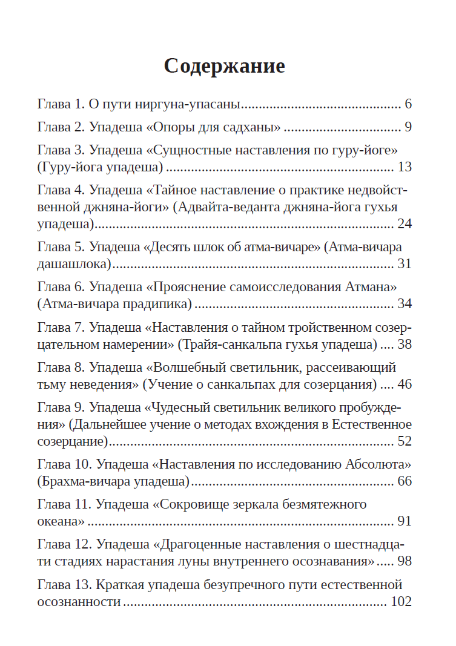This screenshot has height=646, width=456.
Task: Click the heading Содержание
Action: [224, 65]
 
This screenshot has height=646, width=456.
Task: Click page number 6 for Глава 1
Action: [408, 104]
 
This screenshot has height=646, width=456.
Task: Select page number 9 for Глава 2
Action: [408, 127]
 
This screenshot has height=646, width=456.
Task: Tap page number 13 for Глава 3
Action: [405, 167]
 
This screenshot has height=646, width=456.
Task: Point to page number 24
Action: [405, 224]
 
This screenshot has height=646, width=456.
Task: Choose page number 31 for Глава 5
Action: [405, 264]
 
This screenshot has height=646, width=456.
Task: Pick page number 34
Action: [405, 303]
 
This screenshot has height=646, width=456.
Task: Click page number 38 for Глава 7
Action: [405, 344]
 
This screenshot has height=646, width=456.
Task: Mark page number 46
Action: [405, 384]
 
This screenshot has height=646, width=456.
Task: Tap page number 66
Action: [405, 481]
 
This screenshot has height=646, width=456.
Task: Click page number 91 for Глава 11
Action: [405, 521]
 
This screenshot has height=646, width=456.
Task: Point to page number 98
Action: [405, 561]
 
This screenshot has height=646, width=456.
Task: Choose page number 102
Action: [401, 602]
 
